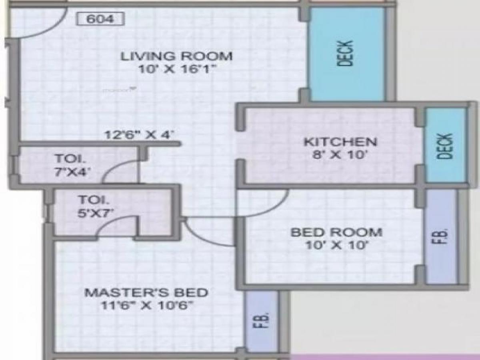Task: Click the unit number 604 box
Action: point(100,19)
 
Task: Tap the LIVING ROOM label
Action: point(177,56)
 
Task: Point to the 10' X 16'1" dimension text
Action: point(177,69)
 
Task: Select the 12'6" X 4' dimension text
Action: point(139,135)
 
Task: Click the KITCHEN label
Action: point(340,142)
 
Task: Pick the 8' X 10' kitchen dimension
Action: point(340,154)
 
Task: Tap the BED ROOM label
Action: point(336,232)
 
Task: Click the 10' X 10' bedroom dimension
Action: point(336,245)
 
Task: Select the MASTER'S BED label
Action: point(146,292)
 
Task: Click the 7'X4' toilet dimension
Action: point(72,172)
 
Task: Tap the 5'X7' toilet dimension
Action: point(95,212)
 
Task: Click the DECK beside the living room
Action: point(347,54)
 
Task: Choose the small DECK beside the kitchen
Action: point(446,146)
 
